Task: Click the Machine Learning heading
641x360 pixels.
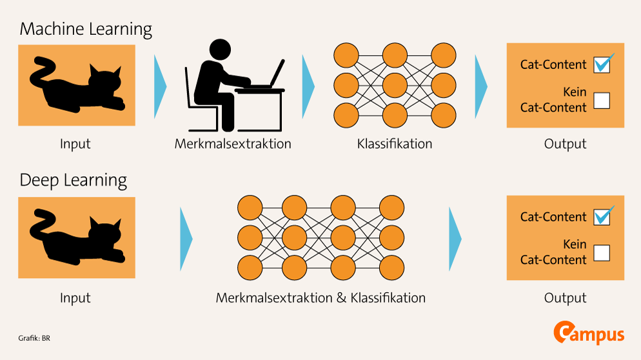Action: coord(86,29)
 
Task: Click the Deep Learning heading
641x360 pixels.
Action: coord(73,179)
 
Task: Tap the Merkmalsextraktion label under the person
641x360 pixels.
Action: coord(233,143)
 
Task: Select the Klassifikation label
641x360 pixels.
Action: coord(394,143)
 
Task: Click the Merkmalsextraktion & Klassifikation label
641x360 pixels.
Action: coord(320,297)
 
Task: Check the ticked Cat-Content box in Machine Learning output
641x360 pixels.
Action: coord(602,64)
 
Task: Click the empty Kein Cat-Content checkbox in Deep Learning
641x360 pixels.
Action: coord(601,252)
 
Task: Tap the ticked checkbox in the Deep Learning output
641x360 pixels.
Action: coord(602,217)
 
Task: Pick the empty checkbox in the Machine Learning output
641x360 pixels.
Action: coord(601,100)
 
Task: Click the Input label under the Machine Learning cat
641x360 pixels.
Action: coord(75,143)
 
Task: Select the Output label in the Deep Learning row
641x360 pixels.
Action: coord(565,297)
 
